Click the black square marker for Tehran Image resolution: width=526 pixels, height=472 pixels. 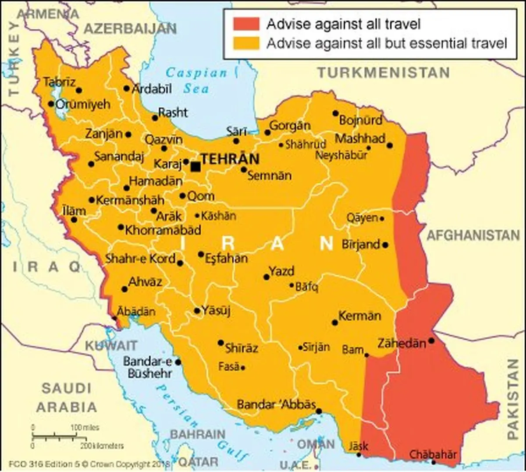tap(195, 167)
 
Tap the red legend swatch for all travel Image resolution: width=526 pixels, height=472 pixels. tap(246, 24)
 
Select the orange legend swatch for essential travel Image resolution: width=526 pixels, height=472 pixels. tap(246, 43)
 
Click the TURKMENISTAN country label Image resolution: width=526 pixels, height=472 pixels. tap(384, 72)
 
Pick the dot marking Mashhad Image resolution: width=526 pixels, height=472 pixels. tap(389, 146)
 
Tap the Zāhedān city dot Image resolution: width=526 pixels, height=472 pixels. tap(431, 341)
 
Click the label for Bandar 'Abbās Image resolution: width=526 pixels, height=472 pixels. tap(276, 404)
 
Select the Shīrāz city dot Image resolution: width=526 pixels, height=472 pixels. tap(221, 343)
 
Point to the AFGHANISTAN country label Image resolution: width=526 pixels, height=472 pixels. tap(473, 235)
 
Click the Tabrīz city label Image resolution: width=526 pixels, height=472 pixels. tap(60, 82)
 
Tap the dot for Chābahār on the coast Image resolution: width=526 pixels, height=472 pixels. tap(433, 462)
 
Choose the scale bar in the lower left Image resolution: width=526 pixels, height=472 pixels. tap(66, 436)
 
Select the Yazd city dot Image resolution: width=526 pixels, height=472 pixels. tap(266, 277)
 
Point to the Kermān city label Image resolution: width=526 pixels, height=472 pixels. tap(359, 316)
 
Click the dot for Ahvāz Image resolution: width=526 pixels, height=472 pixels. tap(124, 289)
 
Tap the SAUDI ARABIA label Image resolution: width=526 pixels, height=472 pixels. tap(67, 397)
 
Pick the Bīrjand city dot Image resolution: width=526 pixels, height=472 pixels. tap(385, 245)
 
